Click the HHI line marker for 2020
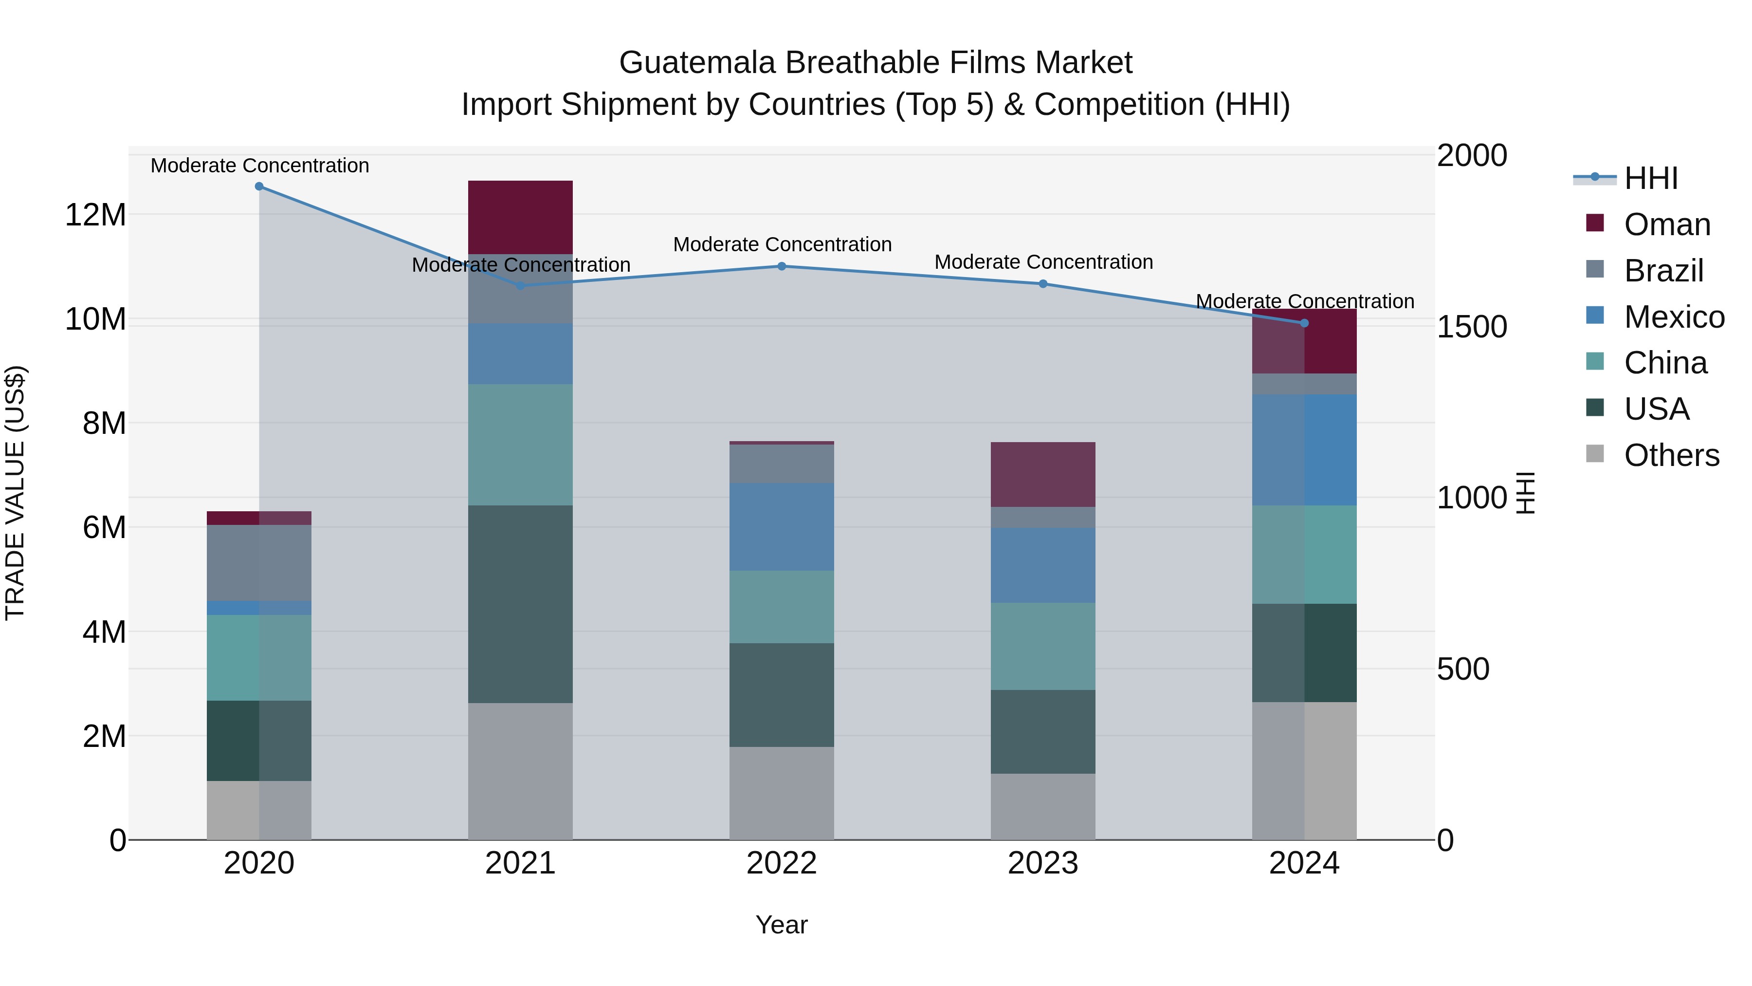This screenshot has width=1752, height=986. coord(259,186)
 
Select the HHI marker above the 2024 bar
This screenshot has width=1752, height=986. coord(1304,323)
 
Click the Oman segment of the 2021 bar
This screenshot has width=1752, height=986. coord(520,217)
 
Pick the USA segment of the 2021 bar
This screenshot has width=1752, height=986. coord(520,604)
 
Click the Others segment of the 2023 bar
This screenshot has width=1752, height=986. coord(1042,806)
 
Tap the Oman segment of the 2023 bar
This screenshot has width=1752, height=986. coord(1042,474)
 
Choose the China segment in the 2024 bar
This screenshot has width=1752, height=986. coord(1304,554)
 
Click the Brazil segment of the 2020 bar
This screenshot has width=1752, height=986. coord(259,563)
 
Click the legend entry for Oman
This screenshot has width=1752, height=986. coord(1666,224)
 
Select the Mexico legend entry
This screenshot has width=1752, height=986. coord(1673,317)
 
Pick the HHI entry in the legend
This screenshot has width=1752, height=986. coord(1651,178)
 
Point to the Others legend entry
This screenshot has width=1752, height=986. coord(1671,455)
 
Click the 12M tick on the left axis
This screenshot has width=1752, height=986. coord(95,215)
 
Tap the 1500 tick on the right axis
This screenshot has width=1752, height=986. coord(1472,327)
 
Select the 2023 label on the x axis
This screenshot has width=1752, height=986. coord(1042,863)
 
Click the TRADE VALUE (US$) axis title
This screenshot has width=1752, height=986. coord(15,493)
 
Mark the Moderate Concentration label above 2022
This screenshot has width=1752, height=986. coord(782,244)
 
